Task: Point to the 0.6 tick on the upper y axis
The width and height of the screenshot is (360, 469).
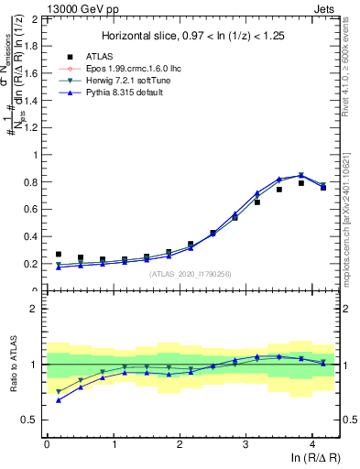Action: point(32,209)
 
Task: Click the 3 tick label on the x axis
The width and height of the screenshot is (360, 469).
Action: point(245,443)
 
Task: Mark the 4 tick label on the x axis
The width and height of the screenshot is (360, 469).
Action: point(312,443)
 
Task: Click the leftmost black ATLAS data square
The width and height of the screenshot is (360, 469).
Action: point(59,255)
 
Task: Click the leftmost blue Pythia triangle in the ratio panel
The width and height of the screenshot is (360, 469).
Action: point(59,400)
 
